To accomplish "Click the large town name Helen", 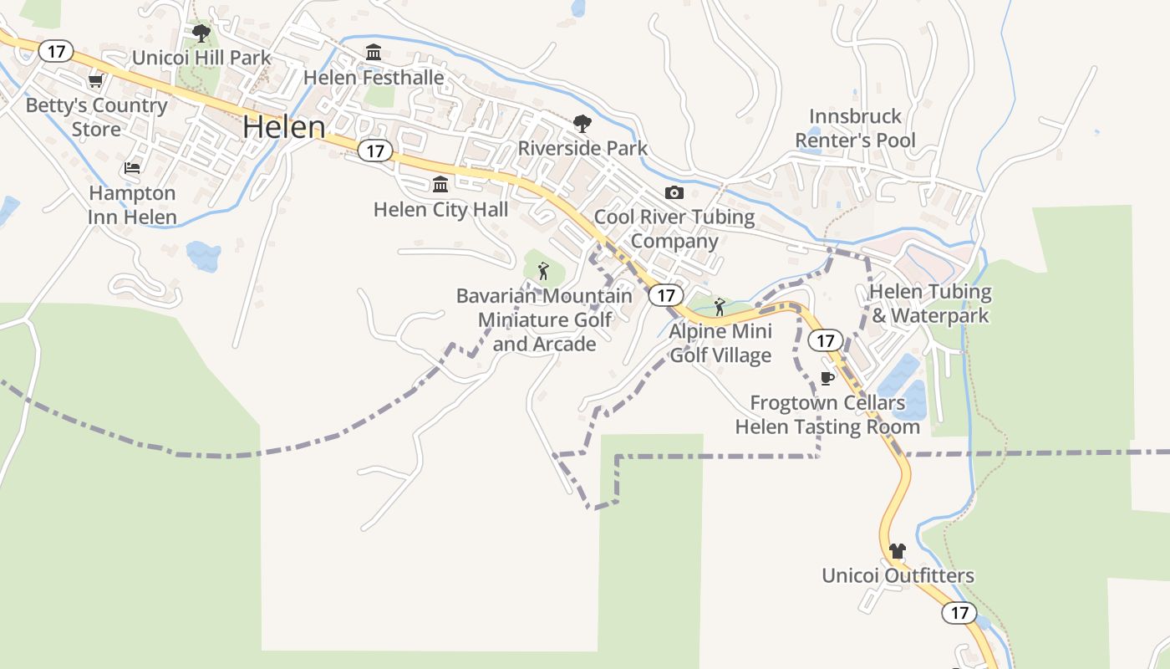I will (x=283, y=127).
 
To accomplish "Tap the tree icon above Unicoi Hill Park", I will (x=201, y=33).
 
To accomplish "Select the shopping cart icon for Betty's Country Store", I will (x=95, y=81).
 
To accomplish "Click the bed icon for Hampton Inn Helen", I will (x=132, y=168).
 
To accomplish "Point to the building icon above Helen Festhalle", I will (x=374, y=53).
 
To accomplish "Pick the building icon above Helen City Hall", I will (x=440, y=184).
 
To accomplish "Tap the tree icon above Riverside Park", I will (x=582, y=124).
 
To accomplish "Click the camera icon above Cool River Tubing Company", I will (x=674, y=193).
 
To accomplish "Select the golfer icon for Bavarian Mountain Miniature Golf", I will (x=543, y=271).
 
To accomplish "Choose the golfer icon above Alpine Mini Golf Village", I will (x=720, y=307).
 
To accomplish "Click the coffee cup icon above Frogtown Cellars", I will (x=827, y=378).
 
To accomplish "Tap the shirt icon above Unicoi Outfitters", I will (x=898, y=551).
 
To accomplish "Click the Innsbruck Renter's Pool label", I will (x=855, y=128).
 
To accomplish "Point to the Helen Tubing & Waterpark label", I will (x=930, y=304).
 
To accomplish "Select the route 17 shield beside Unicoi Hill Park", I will (x=56, y=52).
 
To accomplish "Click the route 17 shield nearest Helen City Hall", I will (x=375, y=151).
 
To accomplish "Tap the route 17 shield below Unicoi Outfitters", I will (x=959, y=613).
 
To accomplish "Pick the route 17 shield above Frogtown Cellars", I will (x=826, y=340).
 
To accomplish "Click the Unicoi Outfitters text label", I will (x=898, y=576).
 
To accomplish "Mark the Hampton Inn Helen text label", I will (x=133, y=205).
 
